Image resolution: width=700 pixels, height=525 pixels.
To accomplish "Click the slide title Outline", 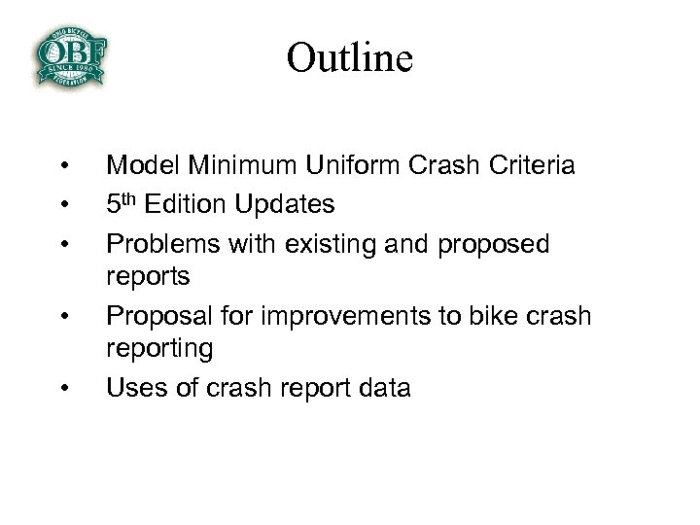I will [350, 57].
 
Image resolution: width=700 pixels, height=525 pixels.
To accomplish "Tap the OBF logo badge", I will [70, 55].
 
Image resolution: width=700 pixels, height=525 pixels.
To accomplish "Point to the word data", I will [385, 388].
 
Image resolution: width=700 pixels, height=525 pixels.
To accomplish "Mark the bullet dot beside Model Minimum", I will [63, 165].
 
